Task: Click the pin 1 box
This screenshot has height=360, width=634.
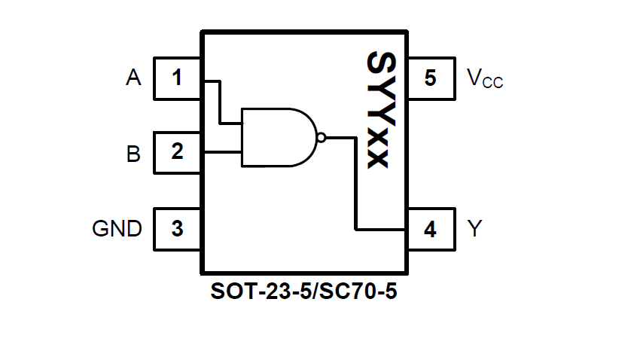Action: (x=177, y=78)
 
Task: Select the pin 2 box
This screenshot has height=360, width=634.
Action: (x=177, y=153)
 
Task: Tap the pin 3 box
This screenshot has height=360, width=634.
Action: (x=177, y=228)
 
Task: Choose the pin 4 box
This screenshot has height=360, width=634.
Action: (x=430, y=229)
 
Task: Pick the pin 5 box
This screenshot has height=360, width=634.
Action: (x=430, y=78)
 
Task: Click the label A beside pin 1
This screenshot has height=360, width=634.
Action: (x=133, y=78)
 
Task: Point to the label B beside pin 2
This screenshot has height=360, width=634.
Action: (x=133, y=154)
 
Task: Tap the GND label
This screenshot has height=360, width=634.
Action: (x=117, y=228)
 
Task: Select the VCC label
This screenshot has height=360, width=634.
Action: (x=484, y=78)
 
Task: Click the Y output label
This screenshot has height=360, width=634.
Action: (x=474, y=228)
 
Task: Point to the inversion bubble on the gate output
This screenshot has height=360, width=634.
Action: (x=322, y=138)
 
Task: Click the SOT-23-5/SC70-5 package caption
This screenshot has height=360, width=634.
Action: (x=304, y=291)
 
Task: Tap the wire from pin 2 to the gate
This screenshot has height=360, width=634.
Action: (x=221, y=153)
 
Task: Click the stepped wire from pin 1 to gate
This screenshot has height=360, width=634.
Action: (x=219, y=102)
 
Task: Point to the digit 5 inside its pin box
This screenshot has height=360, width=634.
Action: (x=430, y=78)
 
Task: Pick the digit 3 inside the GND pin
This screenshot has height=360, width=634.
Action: (x=177, y=228)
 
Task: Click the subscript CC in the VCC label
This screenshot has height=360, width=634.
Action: (x=492, y=83)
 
